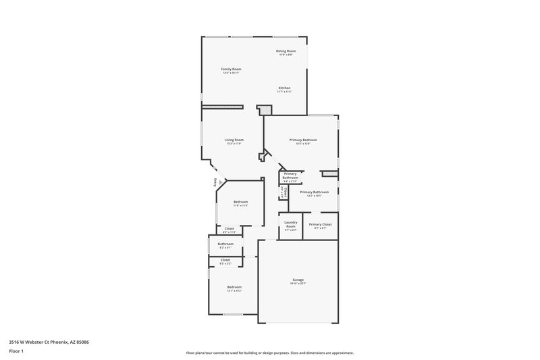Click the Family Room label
[232, 69]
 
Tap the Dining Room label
[286, 51]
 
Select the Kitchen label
[285, 88]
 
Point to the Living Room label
[234, 140]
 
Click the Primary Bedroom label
[303, 140]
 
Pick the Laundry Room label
[290, 224]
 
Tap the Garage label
[298, 279]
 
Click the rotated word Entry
[216, 182]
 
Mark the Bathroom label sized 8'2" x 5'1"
[225, 244]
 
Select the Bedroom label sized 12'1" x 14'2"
[234, 287]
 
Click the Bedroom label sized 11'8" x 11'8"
[241, 202]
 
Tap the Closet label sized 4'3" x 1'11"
[230, 228]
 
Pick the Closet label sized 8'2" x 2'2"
[225, 260]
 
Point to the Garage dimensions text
[298, 283]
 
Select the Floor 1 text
[16, 351]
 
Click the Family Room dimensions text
[232, 73]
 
